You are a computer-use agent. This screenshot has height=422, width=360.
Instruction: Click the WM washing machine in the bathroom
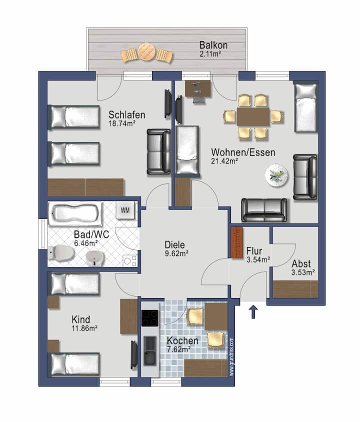125,210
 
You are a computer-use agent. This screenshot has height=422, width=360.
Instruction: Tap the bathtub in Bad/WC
75,214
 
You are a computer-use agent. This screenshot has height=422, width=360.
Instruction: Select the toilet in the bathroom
61,253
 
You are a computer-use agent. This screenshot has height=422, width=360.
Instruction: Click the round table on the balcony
146,51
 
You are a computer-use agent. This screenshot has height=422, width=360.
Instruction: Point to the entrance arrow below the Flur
253,311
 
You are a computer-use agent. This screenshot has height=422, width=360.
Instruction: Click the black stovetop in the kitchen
150,318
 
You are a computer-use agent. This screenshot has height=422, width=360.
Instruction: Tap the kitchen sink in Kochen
150,350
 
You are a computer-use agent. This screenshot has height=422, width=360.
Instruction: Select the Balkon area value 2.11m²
210,54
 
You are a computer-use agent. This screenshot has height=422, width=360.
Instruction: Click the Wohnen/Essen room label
243,152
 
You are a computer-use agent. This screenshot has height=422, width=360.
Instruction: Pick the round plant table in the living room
276,175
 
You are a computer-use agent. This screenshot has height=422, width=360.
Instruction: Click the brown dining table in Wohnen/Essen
253,116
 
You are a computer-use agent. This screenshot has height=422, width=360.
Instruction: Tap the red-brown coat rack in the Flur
237,243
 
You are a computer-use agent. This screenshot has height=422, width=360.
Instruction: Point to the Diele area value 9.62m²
176,253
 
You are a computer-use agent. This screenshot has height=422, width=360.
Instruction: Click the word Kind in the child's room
80,319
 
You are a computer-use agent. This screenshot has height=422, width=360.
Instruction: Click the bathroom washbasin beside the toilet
94,258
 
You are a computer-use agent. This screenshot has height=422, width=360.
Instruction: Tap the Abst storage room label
301,263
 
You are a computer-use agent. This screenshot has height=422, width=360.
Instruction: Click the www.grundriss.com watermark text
231,357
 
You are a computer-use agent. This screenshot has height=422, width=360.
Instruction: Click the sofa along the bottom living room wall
264,210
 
